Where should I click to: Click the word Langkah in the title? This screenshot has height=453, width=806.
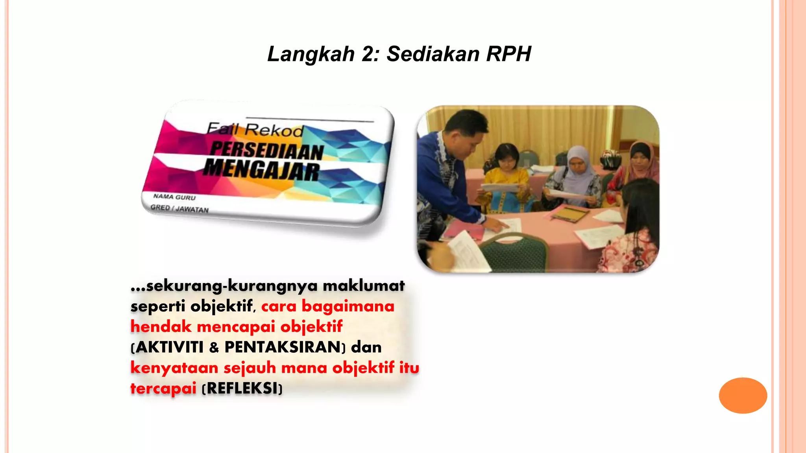[x=311, y=54]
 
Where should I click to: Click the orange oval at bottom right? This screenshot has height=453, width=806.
[x=743, y=395]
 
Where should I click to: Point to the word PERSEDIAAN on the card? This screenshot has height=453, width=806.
[x=267, y=151]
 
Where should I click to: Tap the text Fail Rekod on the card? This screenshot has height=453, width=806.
[x=255, y=129]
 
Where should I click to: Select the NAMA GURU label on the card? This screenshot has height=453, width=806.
[x=174, y=197]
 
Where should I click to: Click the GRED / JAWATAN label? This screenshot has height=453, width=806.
[x=179, y=208]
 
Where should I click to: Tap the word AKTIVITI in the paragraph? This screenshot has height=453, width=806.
[x=170, y=347]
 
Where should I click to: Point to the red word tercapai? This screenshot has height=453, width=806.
[x=163, y=389]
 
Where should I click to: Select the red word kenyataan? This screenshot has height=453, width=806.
[x=174, y=368]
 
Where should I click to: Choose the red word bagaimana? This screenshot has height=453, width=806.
[x=348, y=306]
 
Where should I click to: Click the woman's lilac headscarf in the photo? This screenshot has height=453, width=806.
[x=578, y=165]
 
